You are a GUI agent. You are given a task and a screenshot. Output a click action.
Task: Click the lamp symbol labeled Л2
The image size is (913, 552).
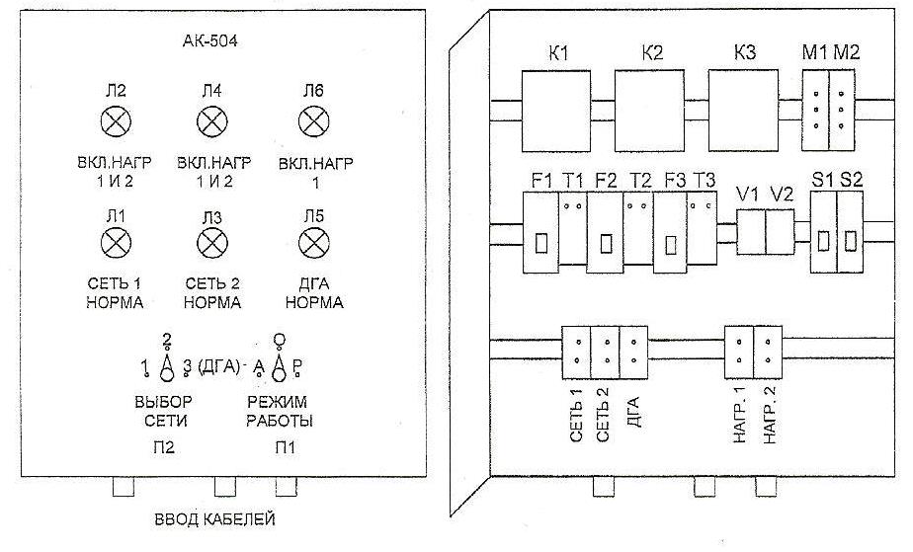click(116, 121)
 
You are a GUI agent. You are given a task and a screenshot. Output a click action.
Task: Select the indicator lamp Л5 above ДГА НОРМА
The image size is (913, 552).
click(314, 243)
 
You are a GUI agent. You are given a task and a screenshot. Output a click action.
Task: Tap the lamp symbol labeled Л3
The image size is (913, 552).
click(212, 243)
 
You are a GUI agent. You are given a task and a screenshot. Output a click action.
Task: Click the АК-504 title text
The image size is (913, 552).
click(210, 41)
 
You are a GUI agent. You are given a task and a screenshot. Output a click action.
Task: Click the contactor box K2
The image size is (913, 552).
click(649, 111)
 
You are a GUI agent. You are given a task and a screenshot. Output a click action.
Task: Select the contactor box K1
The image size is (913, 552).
click(556, 111)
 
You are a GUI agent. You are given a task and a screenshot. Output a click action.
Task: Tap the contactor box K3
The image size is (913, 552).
click(743, 111)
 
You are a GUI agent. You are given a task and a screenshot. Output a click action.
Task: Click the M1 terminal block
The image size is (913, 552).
click(816, 111)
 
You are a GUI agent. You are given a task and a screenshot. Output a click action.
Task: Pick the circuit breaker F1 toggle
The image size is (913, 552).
click(540, 243)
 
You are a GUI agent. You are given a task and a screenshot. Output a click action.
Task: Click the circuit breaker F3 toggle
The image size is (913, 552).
click(671, 244)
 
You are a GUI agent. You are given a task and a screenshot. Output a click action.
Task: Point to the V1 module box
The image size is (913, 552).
click(751, 232)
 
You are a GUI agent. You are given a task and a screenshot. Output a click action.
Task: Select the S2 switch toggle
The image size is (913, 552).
click(851, 241)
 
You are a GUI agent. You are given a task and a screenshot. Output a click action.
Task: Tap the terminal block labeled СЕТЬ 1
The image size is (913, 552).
click(576, 352)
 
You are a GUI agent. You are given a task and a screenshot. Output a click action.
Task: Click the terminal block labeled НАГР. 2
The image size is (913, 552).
click(768, 352)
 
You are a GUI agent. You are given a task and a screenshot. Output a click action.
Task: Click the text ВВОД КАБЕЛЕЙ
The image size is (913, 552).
click(214, 518)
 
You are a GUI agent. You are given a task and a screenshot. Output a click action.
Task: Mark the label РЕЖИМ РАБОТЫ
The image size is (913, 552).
click(280, 411)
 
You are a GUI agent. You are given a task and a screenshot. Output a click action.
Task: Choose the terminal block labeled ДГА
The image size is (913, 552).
click(633, 352)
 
